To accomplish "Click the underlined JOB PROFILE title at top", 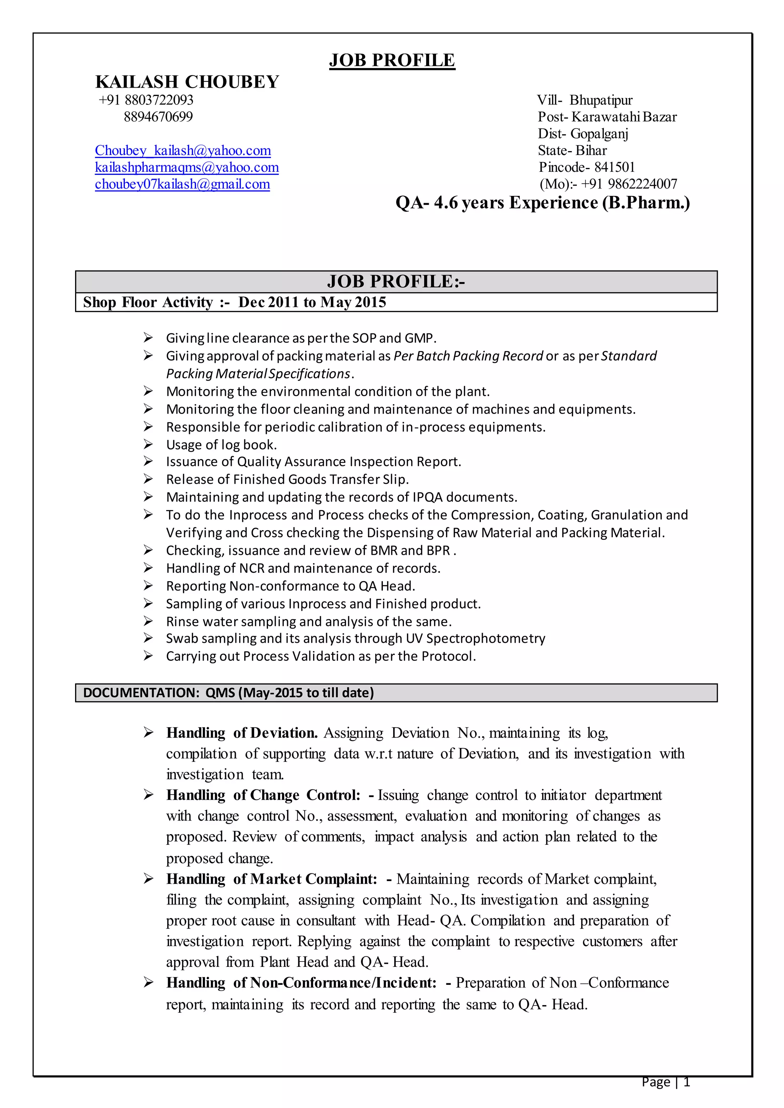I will (392, 60).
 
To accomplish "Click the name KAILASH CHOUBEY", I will (187, 82).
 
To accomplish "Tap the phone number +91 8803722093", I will (146, 100).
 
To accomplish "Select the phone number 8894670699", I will (158, 117).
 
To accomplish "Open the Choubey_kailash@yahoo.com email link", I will (183, 151).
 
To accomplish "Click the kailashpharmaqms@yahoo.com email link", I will (187, 168).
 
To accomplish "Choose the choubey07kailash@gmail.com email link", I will (183, 184).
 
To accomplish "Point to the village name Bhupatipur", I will (601, 100).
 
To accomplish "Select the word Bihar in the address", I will (591, 151).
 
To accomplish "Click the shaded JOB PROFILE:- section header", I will (396, 281).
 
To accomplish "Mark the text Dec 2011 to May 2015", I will (312, 302).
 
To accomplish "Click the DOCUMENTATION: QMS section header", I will (228, 692).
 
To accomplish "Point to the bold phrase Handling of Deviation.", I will (242, 733).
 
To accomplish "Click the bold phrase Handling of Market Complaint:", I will (271, 879).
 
